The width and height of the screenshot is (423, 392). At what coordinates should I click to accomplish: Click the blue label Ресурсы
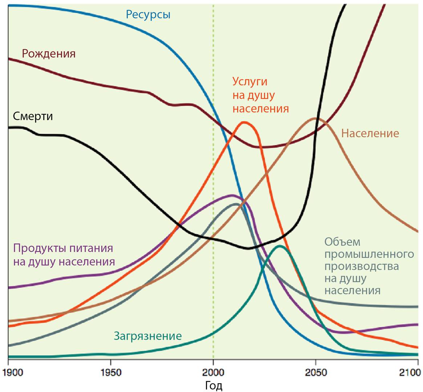(148, 15)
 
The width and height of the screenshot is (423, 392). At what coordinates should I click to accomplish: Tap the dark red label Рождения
(49, 54)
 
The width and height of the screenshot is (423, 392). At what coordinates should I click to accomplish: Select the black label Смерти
(33, 116)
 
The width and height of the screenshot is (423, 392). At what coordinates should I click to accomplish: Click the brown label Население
(370, 133)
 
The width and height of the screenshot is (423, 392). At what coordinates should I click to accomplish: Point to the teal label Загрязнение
(148, 336)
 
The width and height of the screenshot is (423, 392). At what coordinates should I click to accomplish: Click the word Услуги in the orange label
(252, 81)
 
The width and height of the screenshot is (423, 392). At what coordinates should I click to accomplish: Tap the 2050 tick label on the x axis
(316, 373)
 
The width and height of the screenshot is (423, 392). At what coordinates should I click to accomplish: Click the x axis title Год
(213, 385)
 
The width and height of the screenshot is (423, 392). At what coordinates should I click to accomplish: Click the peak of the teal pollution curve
(279, 246)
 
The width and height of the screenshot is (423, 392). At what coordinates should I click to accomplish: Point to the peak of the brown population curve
(314, 118)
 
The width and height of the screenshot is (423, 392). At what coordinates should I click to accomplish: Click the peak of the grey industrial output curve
(236, 204)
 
